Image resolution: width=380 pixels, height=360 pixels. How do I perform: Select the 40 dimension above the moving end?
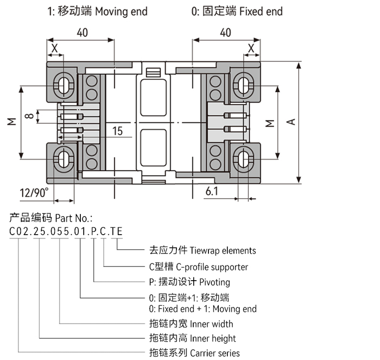(83, 33)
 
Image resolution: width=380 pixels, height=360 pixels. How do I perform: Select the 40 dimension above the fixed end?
(225, 33)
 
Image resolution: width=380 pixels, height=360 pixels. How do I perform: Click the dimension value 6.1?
(212, 191)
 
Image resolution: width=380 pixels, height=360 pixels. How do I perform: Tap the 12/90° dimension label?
(34, 192)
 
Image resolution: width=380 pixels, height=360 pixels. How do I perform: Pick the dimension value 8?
(32, 116)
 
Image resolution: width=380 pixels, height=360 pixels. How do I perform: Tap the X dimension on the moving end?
(54, 48)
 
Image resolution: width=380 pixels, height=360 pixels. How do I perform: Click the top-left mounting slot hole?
(65, 84)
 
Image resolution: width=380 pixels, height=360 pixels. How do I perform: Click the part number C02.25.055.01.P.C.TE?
(66, 232)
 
